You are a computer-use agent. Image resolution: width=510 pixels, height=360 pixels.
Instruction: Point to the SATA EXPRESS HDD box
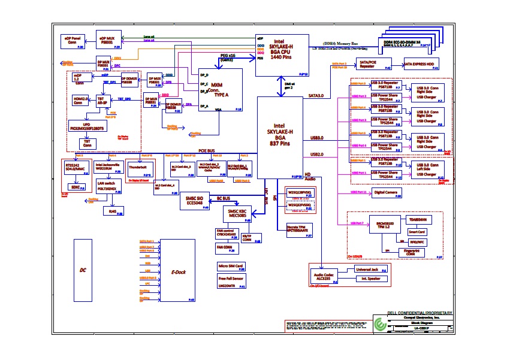pos(421,64)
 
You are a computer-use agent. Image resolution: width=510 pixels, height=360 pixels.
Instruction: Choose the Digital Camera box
pos(387,193)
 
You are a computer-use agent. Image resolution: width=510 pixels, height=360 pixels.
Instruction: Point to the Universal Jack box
pos(371,270)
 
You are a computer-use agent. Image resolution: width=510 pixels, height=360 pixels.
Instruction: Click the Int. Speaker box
pos(371,280)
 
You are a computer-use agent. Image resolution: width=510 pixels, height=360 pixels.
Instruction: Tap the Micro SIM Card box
pos(231,266)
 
